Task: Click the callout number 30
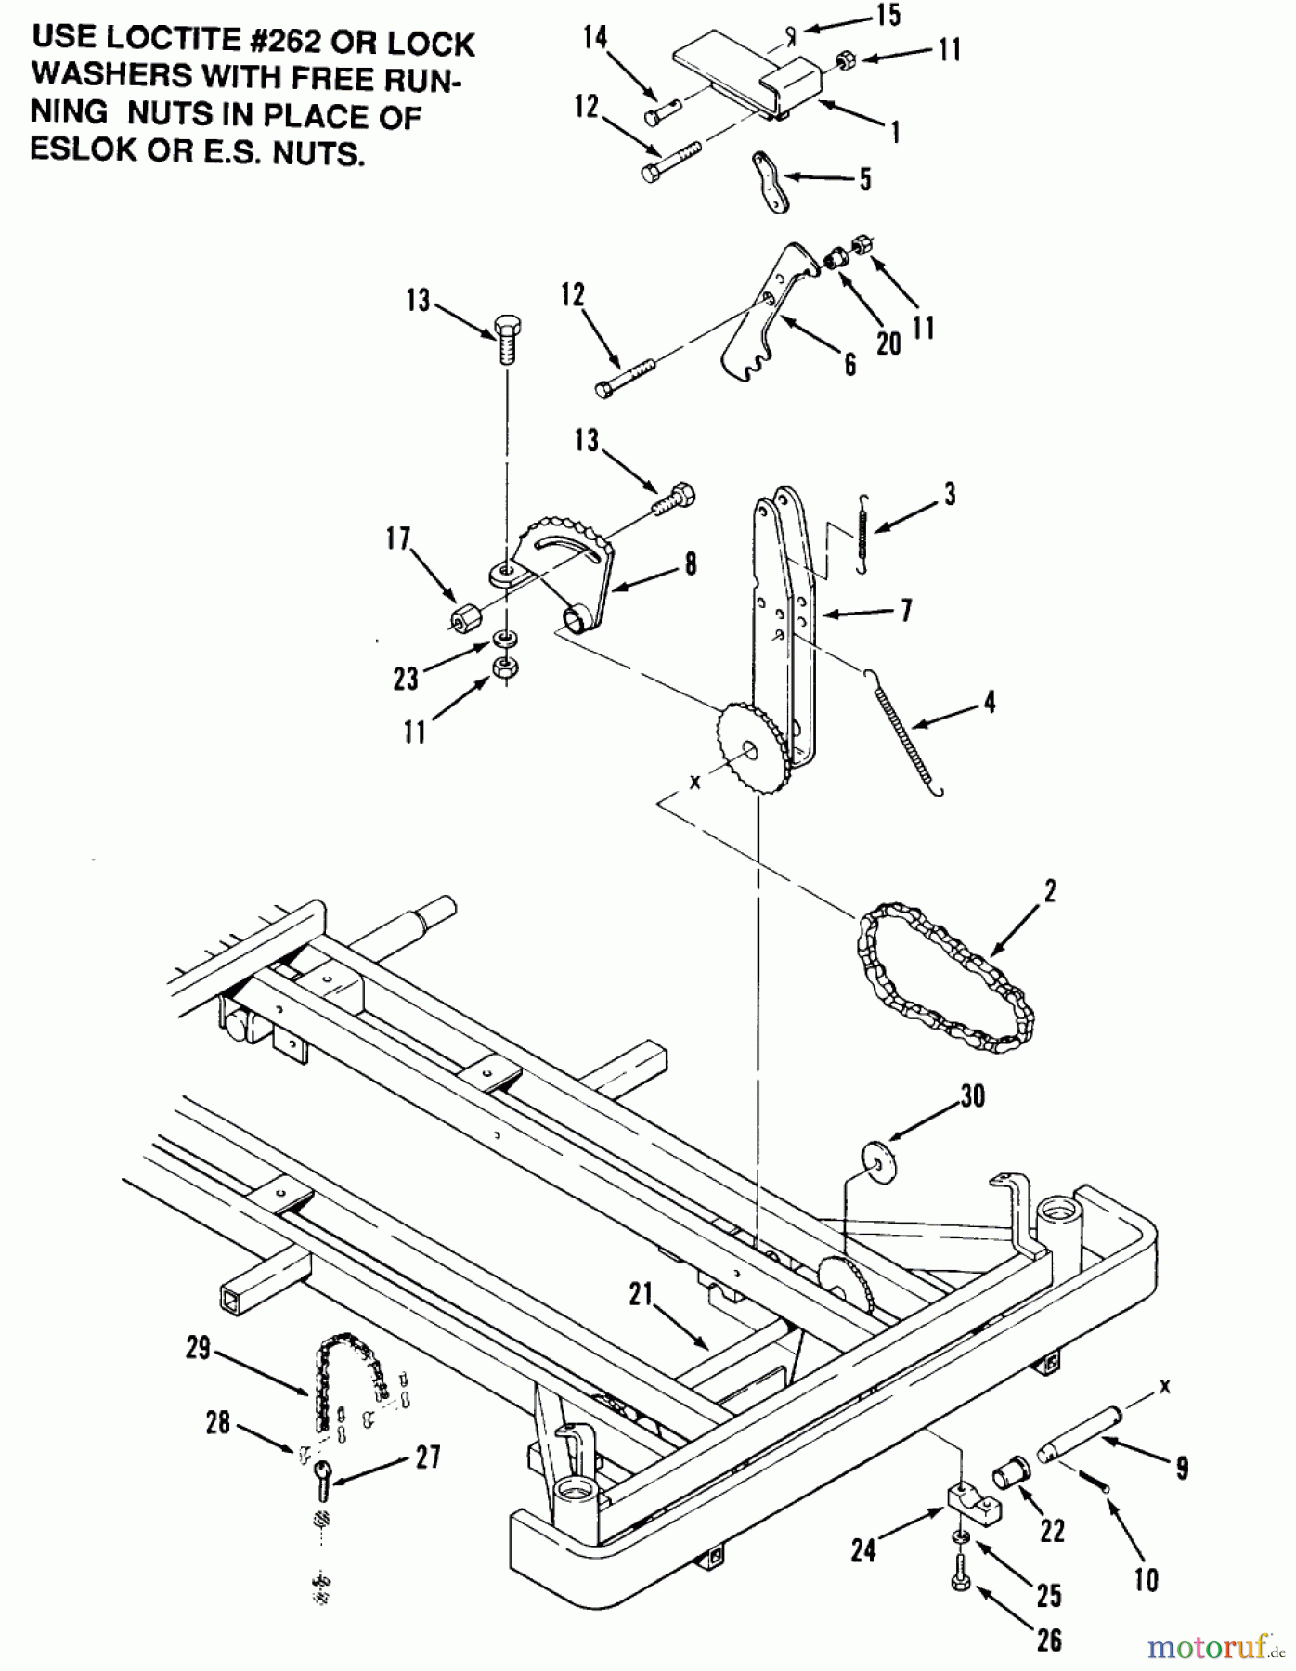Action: pos(972,1095)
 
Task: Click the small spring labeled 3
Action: pos(863,535)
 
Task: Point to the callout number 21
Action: pos(641,1294)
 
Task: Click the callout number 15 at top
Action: pos(888,16)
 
